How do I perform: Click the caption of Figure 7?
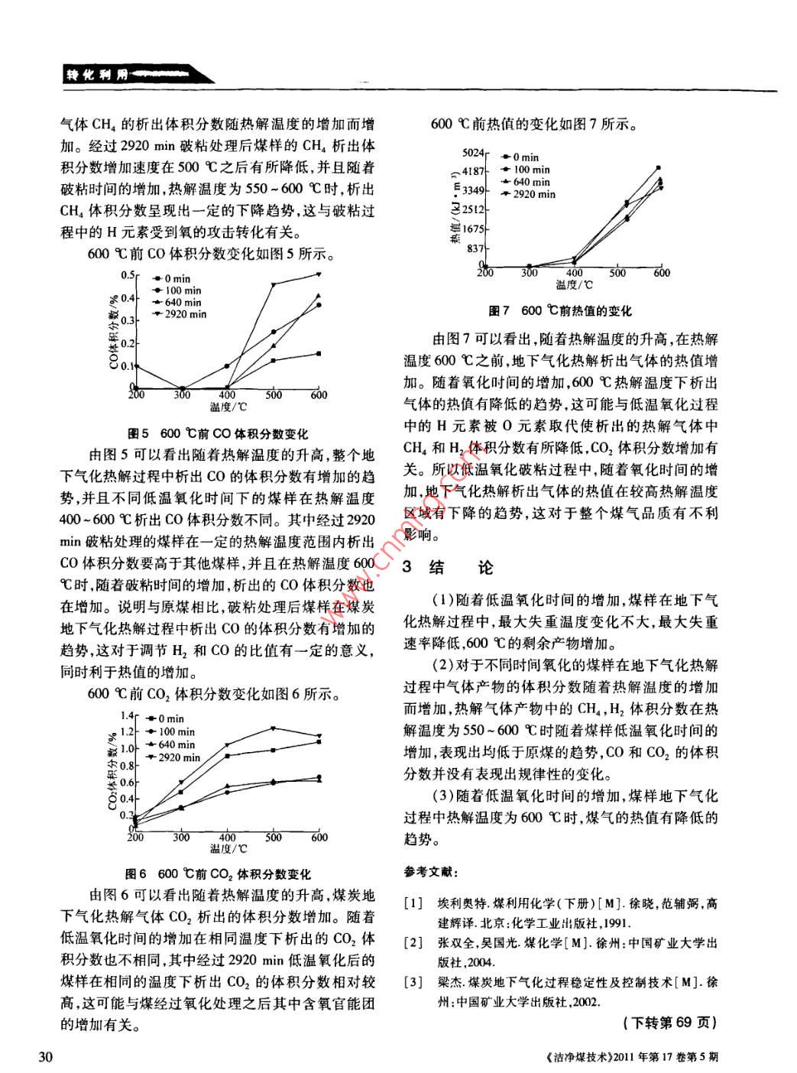tap(560, 311)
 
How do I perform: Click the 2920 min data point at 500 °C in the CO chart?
tap(274, 284)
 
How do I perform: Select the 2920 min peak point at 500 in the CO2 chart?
tap(274, 728)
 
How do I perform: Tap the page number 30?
tap(45, 1058)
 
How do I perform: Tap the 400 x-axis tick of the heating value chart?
tap(574, 273)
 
